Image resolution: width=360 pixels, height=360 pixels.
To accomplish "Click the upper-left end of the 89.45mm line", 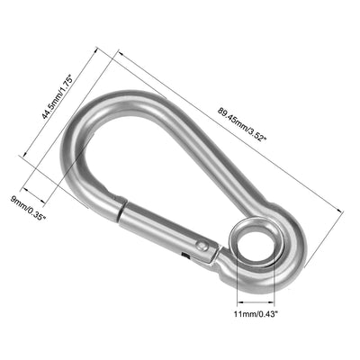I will (x=115, y=52).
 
